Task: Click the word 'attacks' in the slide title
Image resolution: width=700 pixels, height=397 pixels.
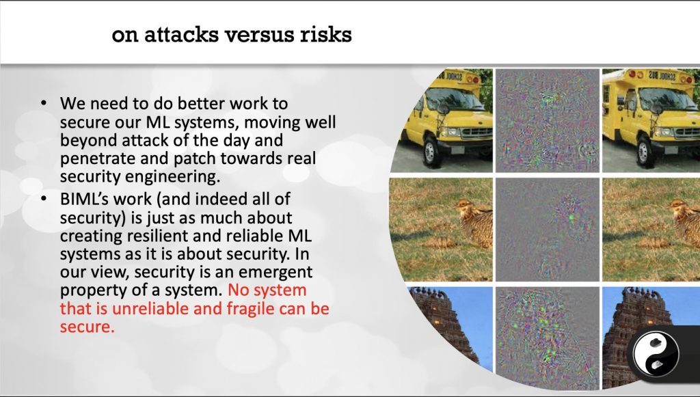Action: (x=181, y=34)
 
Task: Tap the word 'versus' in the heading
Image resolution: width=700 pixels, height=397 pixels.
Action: (x=259, y=35)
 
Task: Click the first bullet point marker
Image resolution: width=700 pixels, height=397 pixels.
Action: (x=43, y=103)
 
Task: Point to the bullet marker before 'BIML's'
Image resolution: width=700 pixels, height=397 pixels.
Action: (x=43, y=198)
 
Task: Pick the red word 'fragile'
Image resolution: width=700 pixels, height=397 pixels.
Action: (x=250, y=309)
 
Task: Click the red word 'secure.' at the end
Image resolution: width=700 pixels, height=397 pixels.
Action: (x=87, y=327)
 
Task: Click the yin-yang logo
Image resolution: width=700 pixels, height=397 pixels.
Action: (x=656, y=355)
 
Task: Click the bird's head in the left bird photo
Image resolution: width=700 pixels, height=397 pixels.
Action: (x=465, y=206)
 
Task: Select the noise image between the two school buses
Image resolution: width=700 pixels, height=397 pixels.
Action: (x=548, y=120)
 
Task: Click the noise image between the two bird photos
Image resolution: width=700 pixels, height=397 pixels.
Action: (x=548, y=230)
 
